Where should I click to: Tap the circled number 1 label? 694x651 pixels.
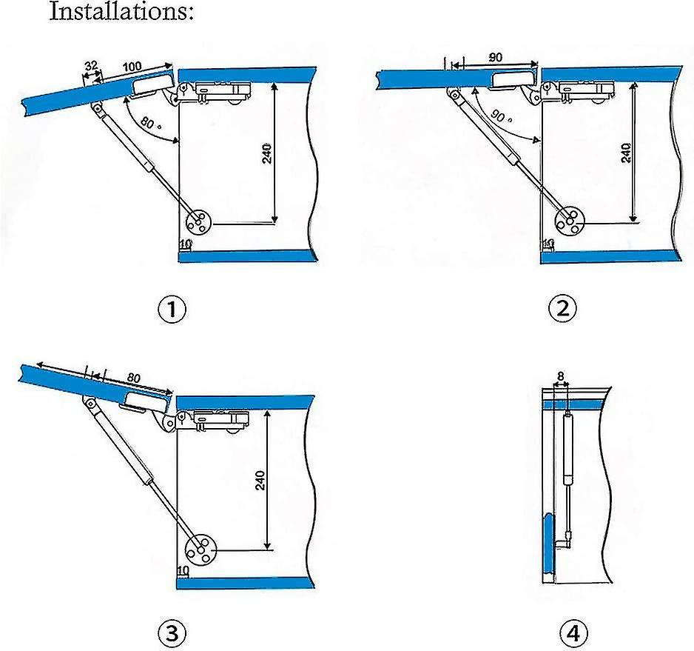[x=172, y=309]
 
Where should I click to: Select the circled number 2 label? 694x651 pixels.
[x=562, y=309]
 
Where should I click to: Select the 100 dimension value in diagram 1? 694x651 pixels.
[x=132, y=67]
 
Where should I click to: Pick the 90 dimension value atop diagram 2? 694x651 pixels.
[x=496, y=56]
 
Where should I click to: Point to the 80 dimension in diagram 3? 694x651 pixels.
[x=134, y=377]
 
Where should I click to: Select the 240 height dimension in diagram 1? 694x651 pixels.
[x=267, y=153]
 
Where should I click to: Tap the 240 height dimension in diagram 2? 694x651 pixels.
[x=626, y=153]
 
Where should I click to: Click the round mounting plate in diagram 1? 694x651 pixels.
[x=198, y=221]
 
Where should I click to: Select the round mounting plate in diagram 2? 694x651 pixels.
[x=570, y=220]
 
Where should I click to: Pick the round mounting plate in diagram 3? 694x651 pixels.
[x=201, y=548]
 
